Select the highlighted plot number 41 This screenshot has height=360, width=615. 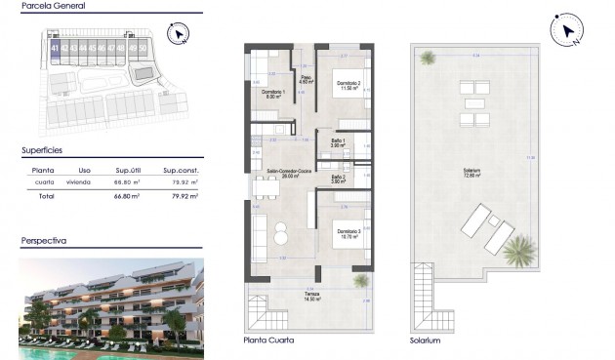55,46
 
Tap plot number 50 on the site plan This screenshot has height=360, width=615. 143,46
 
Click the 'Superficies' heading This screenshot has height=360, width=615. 42,151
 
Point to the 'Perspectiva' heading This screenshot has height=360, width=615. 44,238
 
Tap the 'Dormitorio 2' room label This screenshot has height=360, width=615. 349,86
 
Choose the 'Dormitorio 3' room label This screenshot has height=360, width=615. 348,231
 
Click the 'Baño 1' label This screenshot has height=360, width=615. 338,141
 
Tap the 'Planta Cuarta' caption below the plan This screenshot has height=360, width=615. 268,341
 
